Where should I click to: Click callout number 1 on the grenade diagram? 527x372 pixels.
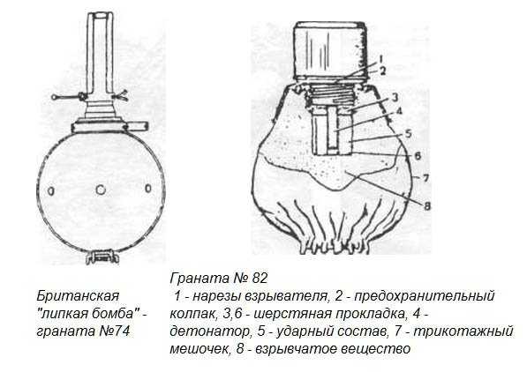coord(380,59)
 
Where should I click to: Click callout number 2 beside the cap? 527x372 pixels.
coord(382,71)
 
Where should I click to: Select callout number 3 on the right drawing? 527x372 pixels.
coord(395,97)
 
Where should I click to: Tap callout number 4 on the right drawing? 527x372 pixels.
coord(399,111)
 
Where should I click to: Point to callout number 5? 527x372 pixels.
coord(408,133)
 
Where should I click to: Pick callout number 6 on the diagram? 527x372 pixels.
coord(417,156)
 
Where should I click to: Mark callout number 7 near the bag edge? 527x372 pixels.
coord(425,178)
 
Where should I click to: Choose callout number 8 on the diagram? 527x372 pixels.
coord(426,205)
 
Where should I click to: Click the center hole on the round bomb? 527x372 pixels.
coord(101,190)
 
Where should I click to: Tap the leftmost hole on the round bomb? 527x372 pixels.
coord(50,191)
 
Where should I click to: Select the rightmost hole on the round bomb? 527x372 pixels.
coord(148,189)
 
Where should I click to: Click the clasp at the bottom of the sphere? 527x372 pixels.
coord(102,257)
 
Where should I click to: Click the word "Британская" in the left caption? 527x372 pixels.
coord(78,296)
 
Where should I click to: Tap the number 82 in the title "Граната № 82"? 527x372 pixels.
coord(260,279)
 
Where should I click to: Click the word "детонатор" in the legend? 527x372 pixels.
coord(209,331)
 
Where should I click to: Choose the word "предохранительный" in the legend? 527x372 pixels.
coord(425,296)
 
